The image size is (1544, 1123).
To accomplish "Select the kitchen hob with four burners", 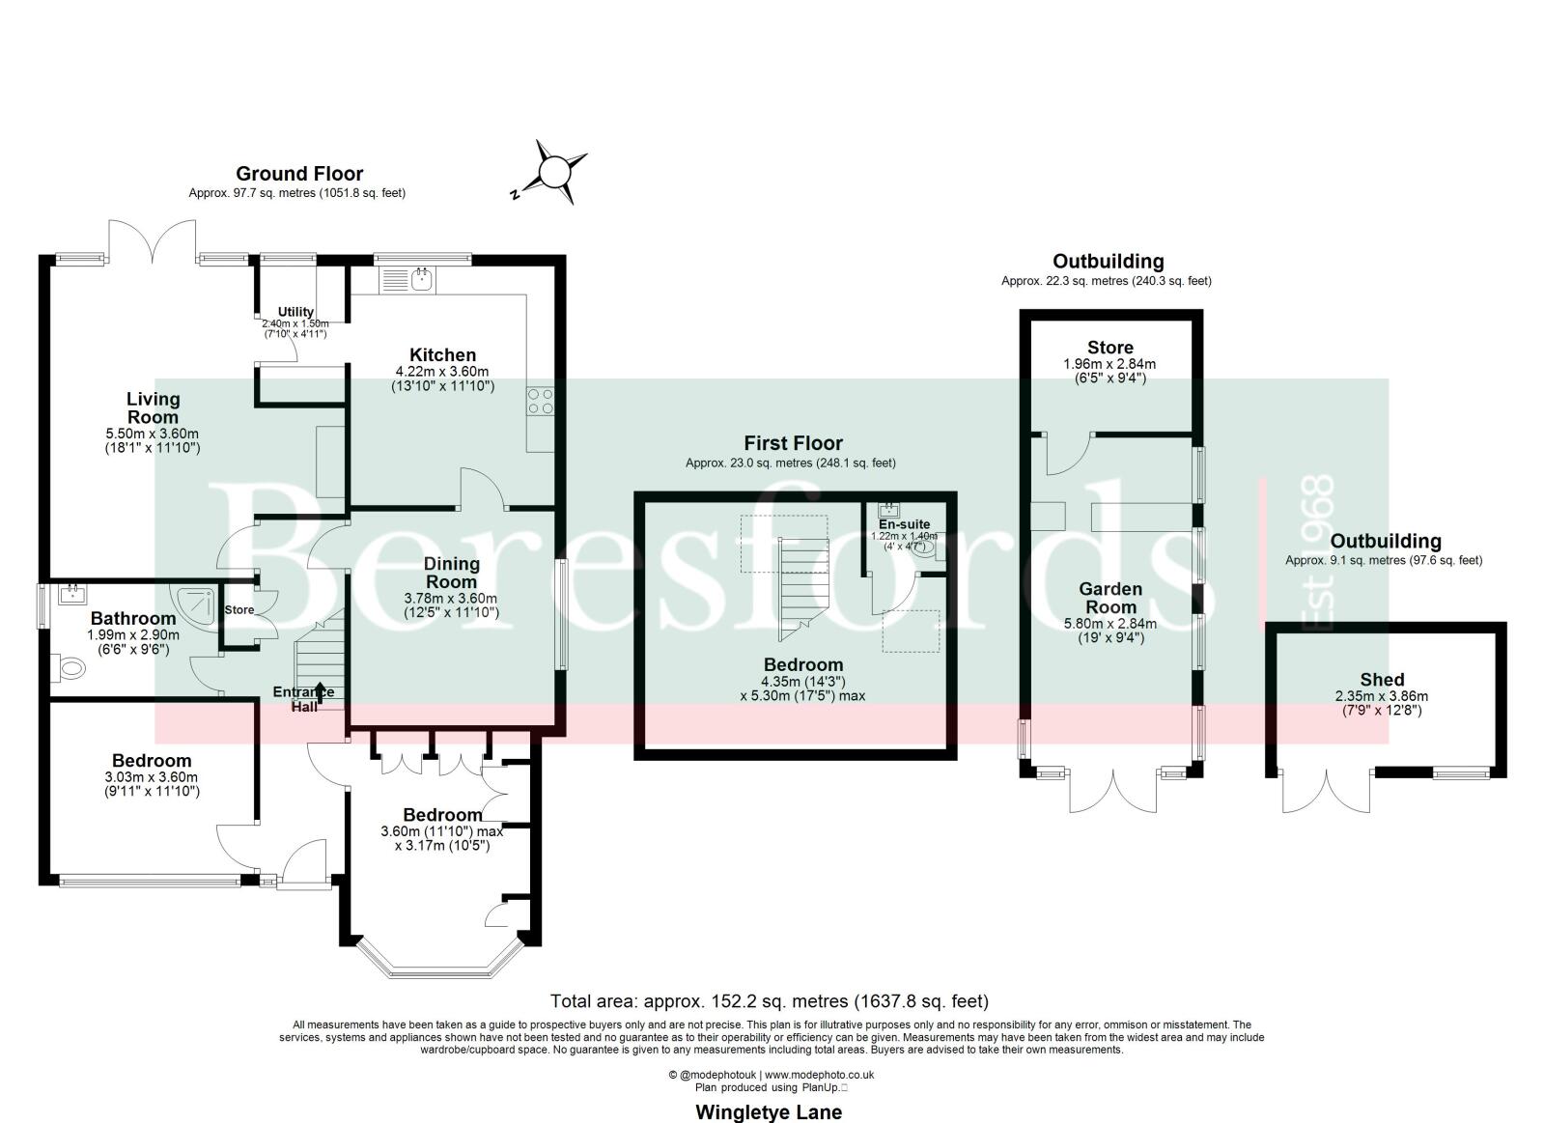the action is (x=541, y=402).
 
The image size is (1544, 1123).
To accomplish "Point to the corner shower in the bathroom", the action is (x=196, y=604).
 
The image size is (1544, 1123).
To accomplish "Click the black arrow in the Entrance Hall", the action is (x=320, y=691).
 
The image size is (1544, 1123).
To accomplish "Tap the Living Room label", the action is (x=153, y=408).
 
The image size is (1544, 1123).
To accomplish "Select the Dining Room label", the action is (x=452, y=573).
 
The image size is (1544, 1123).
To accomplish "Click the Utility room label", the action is (x=295, y=312).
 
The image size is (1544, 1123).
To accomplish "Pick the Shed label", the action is (x=1382, y=679).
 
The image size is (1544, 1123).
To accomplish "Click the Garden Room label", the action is (x=1109, y=598).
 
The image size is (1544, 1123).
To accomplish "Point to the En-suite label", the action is (x=904, y=524).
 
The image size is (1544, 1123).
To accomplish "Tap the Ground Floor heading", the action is (x=299, y=174).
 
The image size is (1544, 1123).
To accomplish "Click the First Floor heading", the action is (x=793, y=442).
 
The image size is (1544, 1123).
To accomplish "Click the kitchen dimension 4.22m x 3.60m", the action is (x=442, y=371).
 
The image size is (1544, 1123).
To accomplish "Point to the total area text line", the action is (x=770, y=1000).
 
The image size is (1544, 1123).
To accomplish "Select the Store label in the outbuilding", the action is (x=1109, y=347).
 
